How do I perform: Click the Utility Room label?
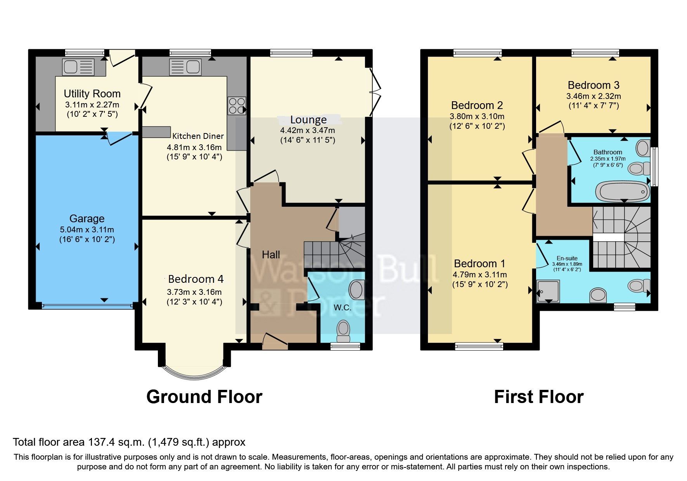click(x=92, y=93)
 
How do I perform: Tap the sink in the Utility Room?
click(x=78, y=67)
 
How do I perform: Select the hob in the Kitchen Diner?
click(x=237, y=106)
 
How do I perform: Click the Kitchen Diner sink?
click(x=185, y=67)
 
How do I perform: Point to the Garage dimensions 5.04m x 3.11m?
click(x=87, y=230)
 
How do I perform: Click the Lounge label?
click(x=308, y=119)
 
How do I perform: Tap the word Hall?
click(x=271, y=255)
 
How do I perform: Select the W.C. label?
click(x=342, y=308)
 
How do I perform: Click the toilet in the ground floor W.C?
click(x=343, y=329)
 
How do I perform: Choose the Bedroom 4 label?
click(x=196, y=279)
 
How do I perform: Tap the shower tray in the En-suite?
click(x=548, y=291)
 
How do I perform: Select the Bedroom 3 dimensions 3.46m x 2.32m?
click(x=594, y=96)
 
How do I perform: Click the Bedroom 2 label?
click(x=477, y=105)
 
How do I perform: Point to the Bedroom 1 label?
click(x=479, y=264)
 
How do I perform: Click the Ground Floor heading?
click(x=204, y=397)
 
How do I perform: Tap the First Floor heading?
click(x=538, y=397)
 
